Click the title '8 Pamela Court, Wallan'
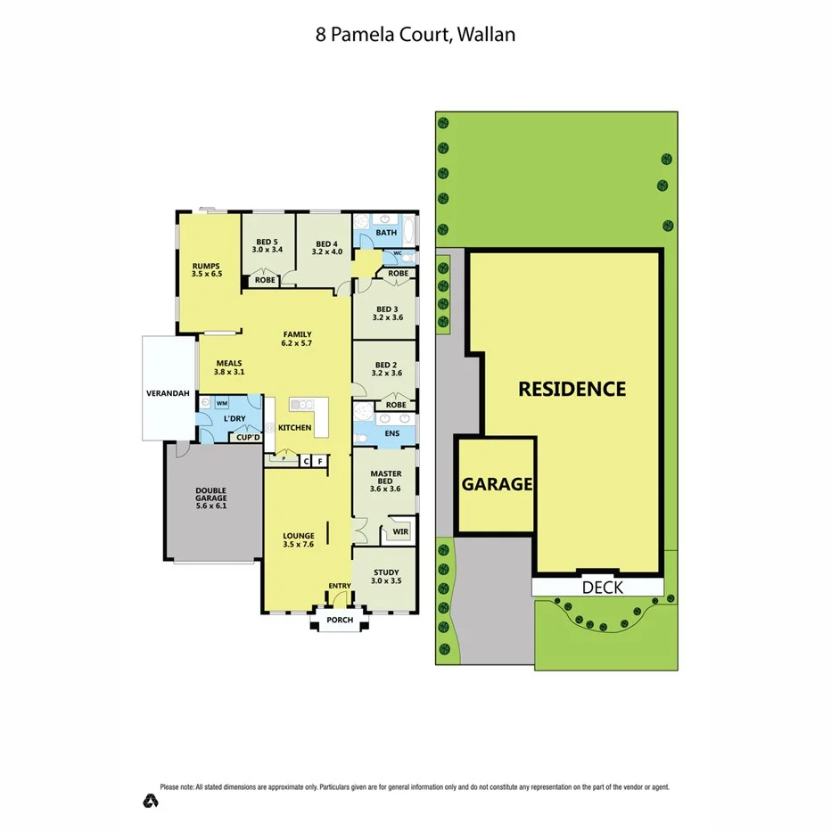pos(415,35)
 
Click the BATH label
pos(386,233)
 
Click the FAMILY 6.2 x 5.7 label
pos(297,339)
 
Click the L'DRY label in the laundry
pos(234,418)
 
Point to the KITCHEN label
pos(295,428)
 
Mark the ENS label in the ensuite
pos(391,434)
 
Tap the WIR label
pos(400,532)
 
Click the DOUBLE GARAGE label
pos(211,495)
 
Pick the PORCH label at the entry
pos(340,620)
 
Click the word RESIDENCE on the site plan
pos(572,389)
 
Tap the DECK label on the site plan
pos(602,587)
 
